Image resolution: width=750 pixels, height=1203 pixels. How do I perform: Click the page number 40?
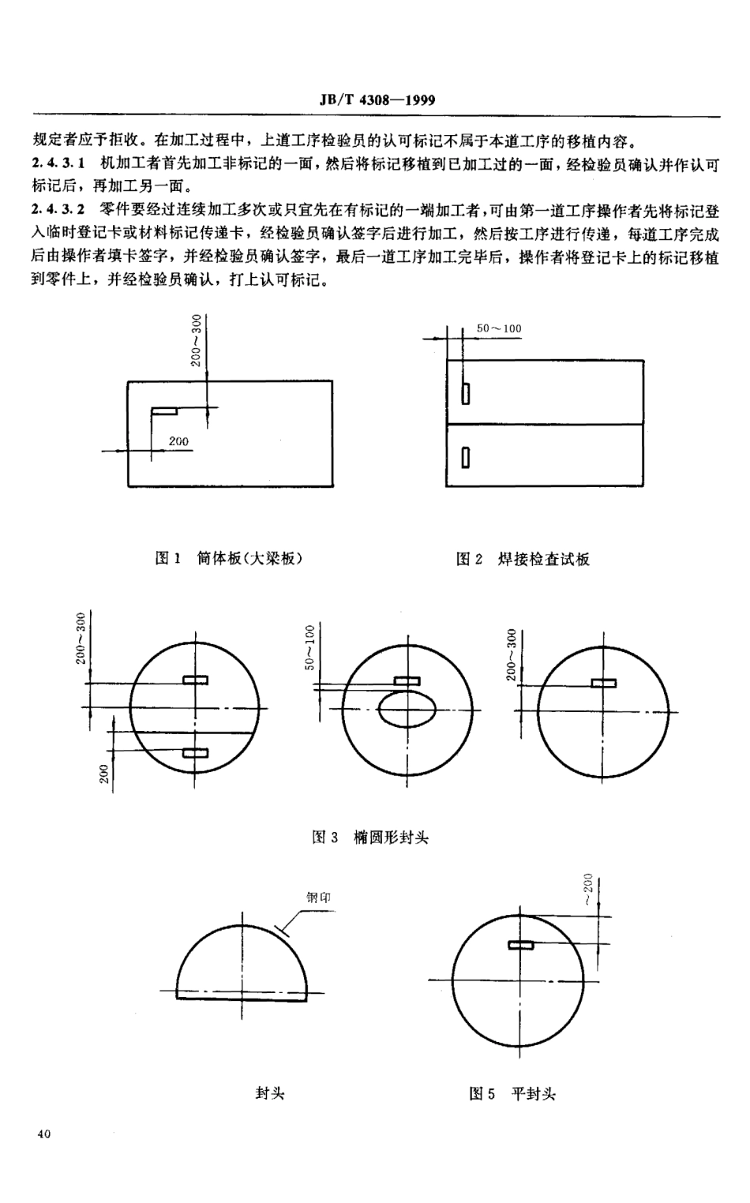(x=43, y=1134)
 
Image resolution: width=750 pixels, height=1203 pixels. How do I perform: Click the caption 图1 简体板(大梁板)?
(x=229, y=558)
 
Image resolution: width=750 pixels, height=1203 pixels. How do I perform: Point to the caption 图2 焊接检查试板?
(x=523, y=559)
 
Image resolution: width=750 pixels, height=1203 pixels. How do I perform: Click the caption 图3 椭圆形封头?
(x=370, y=837)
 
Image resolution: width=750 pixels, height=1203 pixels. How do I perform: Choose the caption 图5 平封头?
(x=512, y=1094)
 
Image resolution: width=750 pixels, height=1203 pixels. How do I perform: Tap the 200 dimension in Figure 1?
(x=178, y=441)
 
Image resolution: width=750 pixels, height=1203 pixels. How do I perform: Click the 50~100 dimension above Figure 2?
(x=499, y=328)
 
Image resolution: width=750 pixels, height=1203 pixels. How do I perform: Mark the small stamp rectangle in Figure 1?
(x=164, y=410)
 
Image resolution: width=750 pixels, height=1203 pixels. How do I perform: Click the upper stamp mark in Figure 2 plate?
(x=466, y=392)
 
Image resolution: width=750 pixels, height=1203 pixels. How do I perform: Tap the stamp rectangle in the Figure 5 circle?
(x=521, y=944)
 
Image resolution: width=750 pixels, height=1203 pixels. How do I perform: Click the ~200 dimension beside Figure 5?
(x=587, y=890)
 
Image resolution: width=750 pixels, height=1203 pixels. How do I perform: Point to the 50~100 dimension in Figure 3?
(x=310, y=647)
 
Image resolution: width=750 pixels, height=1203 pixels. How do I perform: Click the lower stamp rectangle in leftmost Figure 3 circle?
(x=195, y=752)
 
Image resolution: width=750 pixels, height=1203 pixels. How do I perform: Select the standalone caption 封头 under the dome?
(x=270, y=1093)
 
